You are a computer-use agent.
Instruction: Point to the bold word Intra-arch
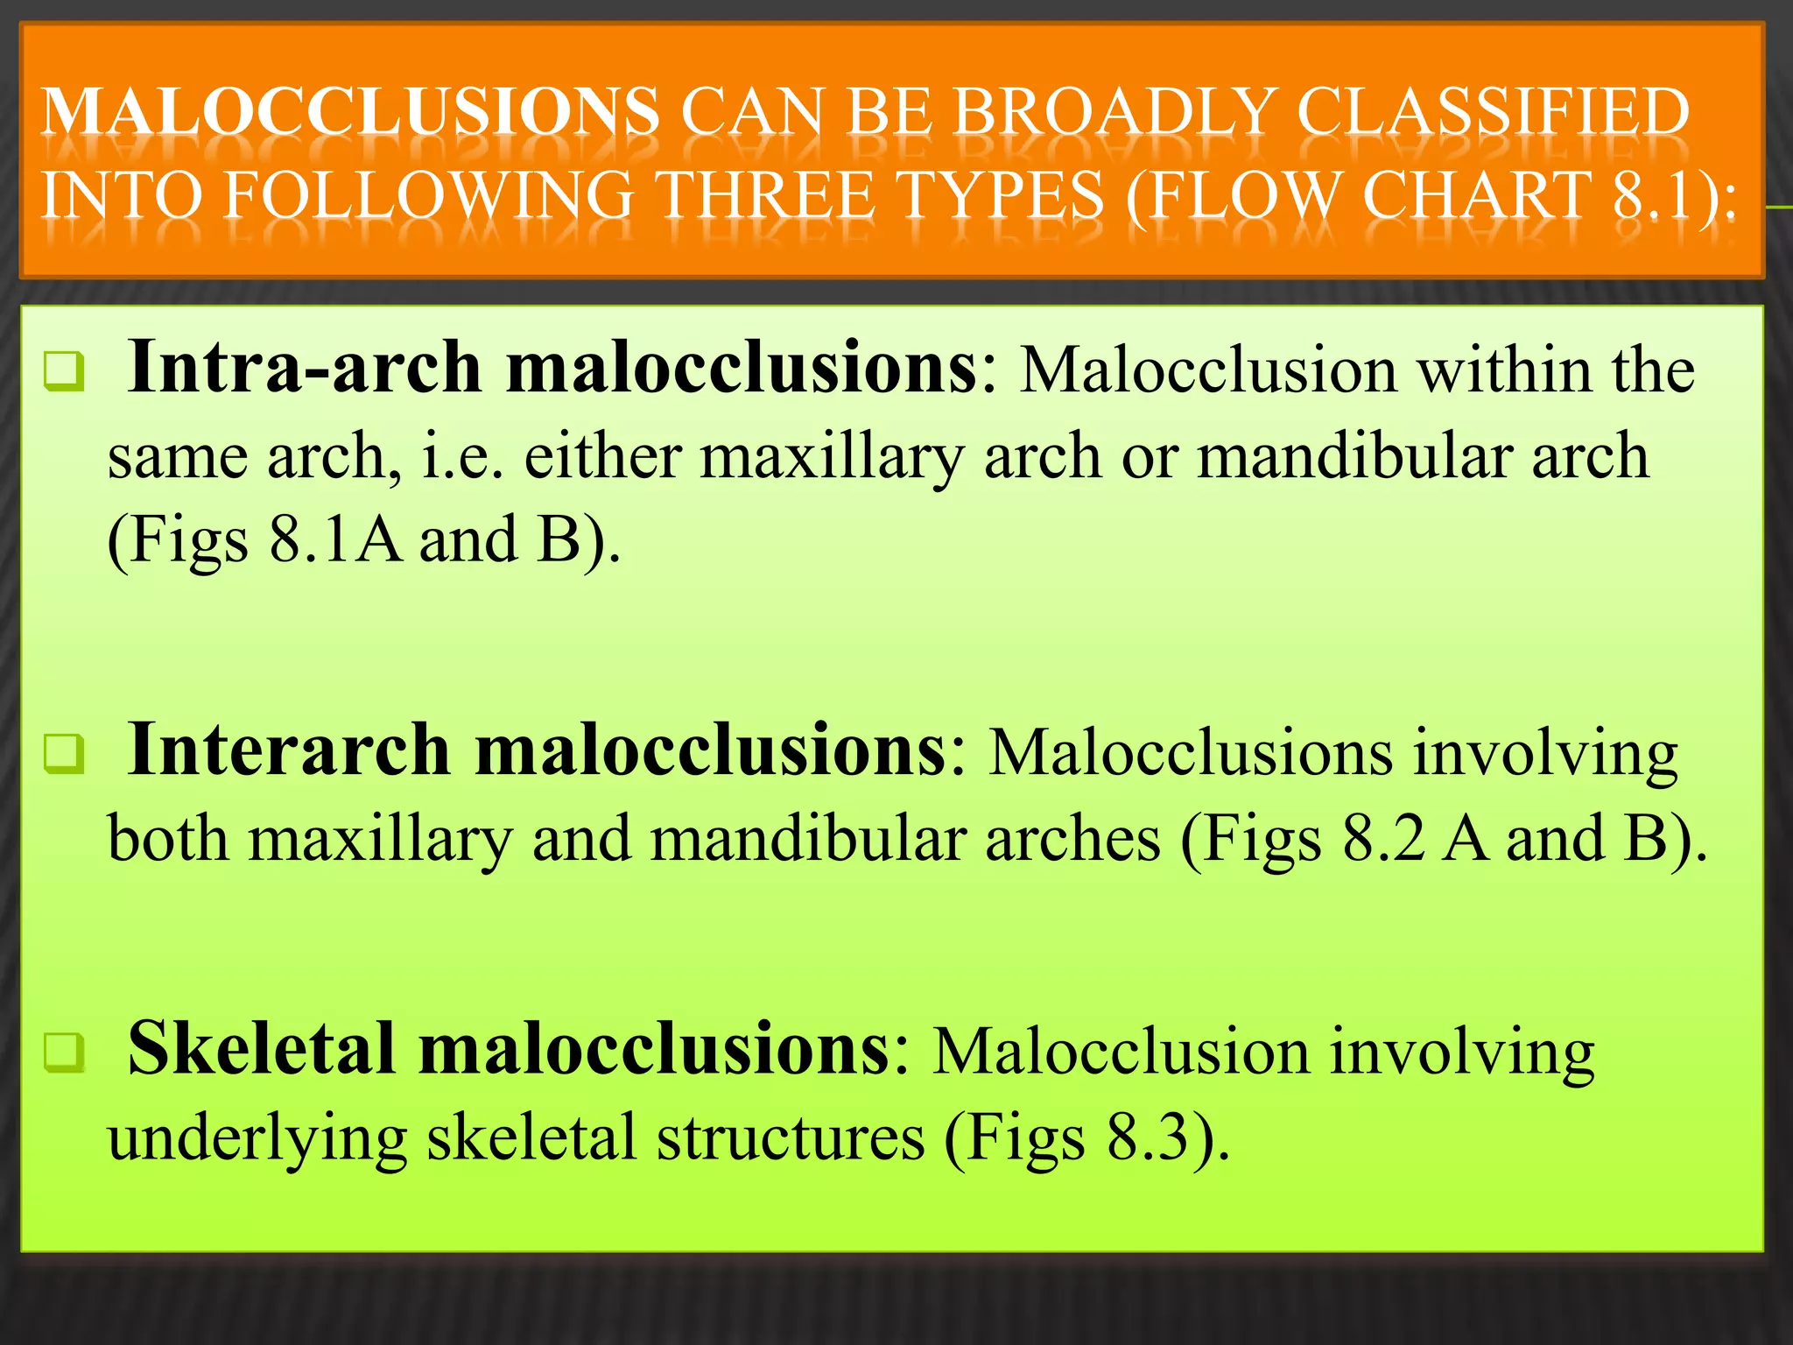(x=304, y=368)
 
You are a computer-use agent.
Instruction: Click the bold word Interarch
(x=289, y=750)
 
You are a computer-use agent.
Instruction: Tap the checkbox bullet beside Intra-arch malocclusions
(x=64, y=371)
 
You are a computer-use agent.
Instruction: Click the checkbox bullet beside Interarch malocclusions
(x=64, y=754)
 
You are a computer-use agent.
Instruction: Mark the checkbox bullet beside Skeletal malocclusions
(x=64, y=1053)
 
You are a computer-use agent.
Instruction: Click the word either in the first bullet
(x=602, y=457)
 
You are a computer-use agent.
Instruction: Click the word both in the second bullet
(x=168, y=839)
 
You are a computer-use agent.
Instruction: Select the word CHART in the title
(x=1478, y=196)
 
